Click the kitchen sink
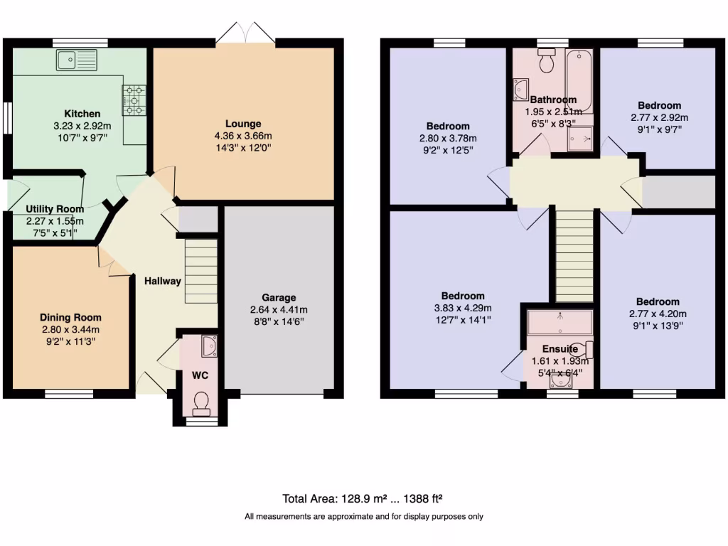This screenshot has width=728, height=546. coord(77,60)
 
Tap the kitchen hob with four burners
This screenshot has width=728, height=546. coord(134,100)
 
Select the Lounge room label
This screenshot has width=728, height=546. coord(244,124)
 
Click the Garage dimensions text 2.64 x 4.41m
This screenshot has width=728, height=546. coord(279,310)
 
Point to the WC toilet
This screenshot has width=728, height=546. coord(201,402)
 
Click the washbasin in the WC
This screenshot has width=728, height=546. coord(209,346)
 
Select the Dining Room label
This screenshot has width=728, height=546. coord(70,318)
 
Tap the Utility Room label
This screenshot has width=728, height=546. coord(55,209)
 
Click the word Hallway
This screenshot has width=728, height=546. coord(163,281)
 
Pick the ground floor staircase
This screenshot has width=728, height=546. coord(200,271)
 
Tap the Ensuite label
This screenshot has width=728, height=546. coord(560,349)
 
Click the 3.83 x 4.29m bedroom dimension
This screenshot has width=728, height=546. coord(463,308)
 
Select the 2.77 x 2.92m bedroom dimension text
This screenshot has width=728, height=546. coord(659,117)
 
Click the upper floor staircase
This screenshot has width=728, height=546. coord(574,256)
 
